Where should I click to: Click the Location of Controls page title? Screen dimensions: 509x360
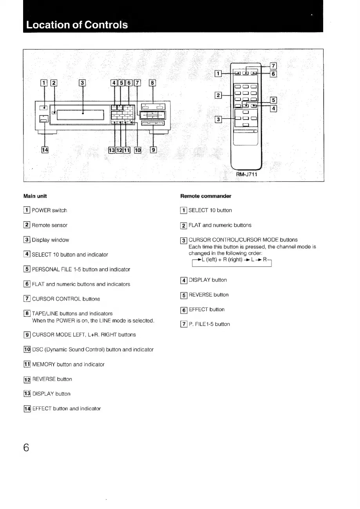tap(77, 25)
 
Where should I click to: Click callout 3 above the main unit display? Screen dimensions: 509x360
tap(83, 83)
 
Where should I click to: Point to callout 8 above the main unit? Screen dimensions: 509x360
tap(153, 83)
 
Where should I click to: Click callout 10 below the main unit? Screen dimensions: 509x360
tap(138, 150)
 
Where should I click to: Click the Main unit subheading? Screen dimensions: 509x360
tap(39, 196)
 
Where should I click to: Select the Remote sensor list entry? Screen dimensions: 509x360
tap(49, 226)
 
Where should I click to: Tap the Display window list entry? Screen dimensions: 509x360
tap(50, 240)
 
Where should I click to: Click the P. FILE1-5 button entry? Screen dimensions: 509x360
tap(209, 324)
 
